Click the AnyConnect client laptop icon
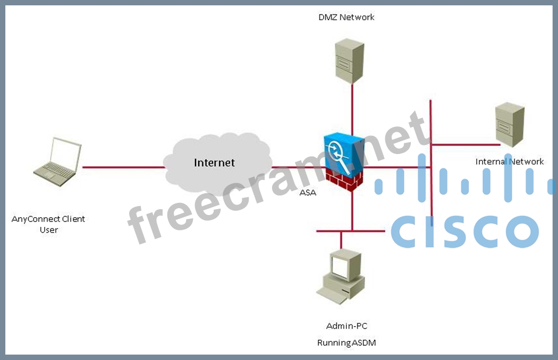pyautogui.click(x=57, y=162)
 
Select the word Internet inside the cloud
pyautogui.click(x=214, y=162)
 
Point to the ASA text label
pyautogui.click(x=308, y=192)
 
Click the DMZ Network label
pyautogui.click(x=346, y=17)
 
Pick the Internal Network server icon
pyautogui.click(x=509, y=125)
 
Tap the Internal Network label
pyautogui.click(x=509, y=161)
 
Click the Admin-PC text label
pyautogui.click(x=346, y=325)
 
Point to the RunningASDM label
pyautogui.click(x=346, y=342)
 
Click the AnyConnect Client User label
pyautogui.click(x=48, y=224)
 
